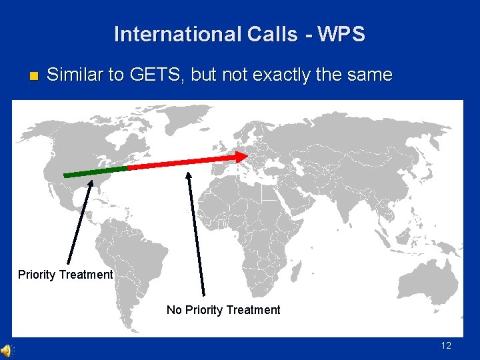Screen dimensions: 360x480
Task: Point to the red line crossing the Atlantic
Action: point(180,162)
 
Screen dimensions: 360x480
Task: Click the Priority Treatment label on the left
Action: point(65,275)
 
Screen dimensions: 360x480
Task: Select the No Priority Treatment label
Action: point(223,309)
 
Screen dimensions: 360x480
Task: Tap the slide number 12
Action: point(446,345)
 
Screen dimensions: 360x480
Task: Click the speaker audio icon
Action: point(7,351)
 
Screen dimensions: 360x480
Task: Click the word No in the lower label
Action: point(173,309)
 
